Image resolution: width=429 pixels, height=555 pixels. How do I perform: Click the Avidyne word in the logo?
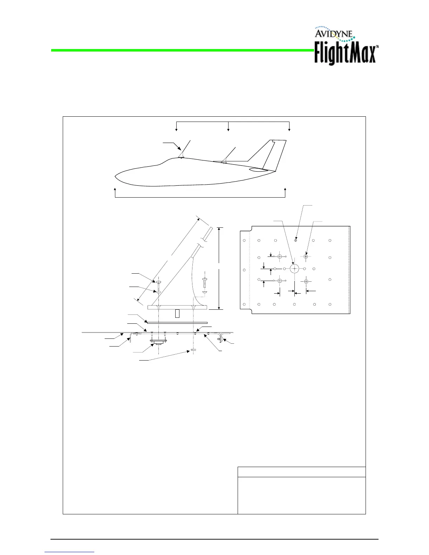point(335,34)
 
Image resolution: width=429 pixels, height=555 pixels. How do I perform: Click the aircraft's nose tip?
point(116,175)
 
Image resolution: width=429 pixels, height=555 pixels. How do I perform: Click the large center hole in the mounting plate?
point(294,269)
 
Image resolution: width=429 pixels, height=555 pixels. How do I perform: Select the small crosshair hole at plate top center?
point(296,240)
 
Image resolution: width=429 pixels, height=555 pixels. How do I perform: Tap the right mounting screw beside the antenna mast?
point(204,282)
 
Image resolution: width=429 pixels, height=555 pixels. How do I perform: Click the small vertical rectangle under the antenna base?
point(177,313)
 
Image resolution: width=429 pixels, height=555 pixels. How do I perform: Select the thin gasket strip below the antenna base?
point(177,322)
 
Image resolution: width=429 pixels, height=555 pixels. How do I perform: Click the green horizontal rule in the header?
point(182,50)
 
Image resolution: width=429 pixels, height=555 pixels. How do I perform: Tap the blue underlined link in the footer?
point(69,552)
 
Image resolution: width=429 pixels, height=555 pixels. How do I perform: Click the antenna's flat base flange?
point(177,307)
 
